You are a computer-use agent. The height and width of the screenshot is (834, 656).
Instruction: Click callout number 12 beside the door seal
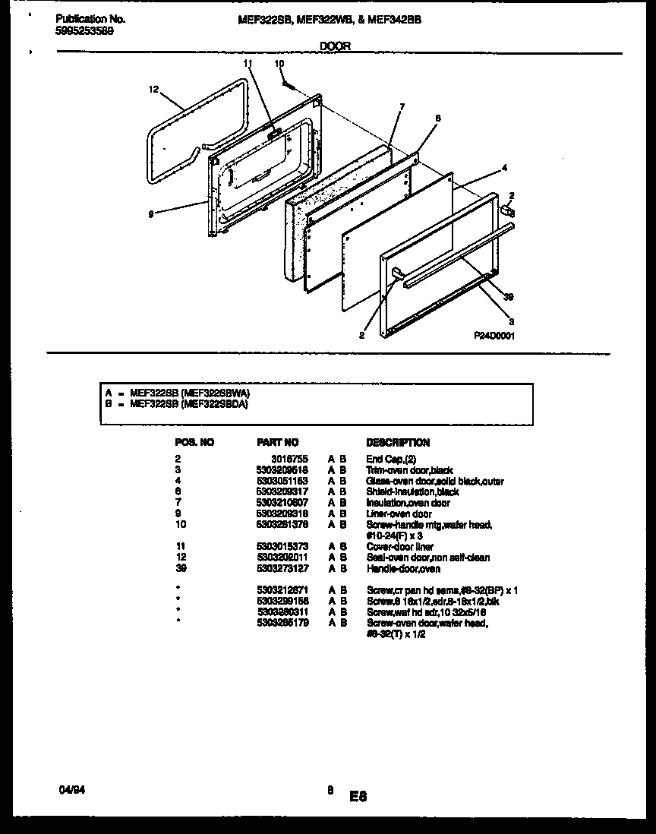pos(153,89)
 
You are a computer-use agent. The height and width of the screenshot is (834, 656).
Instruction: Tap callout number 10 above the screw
pos(279,64)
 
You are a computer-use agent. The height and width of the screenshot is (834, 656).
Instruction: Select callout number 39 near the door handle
pos(509,297)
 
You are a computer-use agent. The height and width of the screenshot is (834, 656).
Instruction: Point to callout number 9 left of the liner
pos(152,215)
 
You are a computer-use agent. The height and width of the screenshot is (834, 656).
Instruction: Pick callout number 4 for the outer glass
pos(504,167)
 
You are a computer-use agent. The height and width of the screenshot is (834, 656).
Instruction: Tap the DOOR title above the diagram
pos(335,46)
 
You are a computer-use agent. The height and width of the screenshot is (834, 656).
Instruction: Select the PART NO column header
pos(278,442)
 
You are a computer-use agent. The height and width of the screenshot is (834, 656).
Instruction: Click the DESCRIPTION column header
pos(398,442)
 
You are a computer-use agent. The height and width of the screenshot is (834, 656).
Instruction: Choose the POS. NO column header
pos(194,442)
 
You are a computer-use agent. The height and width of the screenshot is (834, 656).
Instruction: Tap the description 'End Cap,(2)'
pos(391,460)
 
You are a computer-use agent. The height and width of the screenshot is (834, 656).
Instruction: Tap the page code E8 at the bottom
pos(358,797)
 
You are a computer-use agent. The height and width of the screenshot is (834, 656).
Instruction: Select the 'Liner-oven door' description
pos(399,513)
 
